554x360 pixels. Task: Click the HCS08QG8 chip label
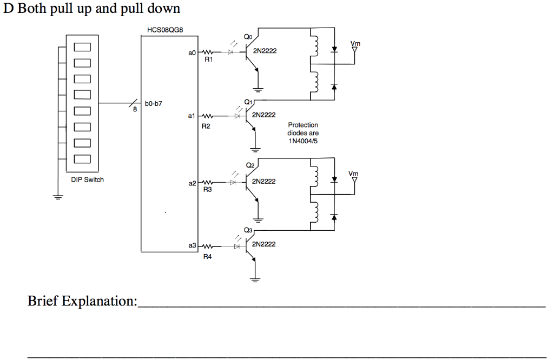pos(164,30)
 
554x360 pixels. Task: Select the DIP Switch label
pos(87,179)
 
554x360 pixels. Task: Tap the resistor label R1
pos(208,61)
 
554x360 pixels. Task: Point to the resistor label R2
pos(206,125)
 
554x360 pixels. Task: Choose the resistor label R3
pos(207,190)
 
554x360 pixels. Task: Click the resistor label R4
pos(207,257)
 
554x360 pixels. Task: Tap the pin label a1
pos(192,116)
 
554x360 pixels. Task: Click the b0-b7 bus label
pos(154,103)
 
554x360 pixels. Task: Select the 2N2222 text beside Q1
pos(264,115)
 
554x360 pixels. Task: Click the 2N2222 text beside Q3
pos(264,244)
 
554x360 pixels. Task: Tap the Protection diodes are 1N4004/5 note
pos(303,133)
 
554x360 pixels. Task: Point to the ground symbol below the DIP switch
pos(56,197)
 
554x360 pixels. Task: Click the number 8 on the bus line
pos(135,110)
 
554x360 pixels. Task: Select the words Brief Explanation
pos(82,301)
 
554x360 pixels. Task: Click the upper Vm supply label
pos(355,43)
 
